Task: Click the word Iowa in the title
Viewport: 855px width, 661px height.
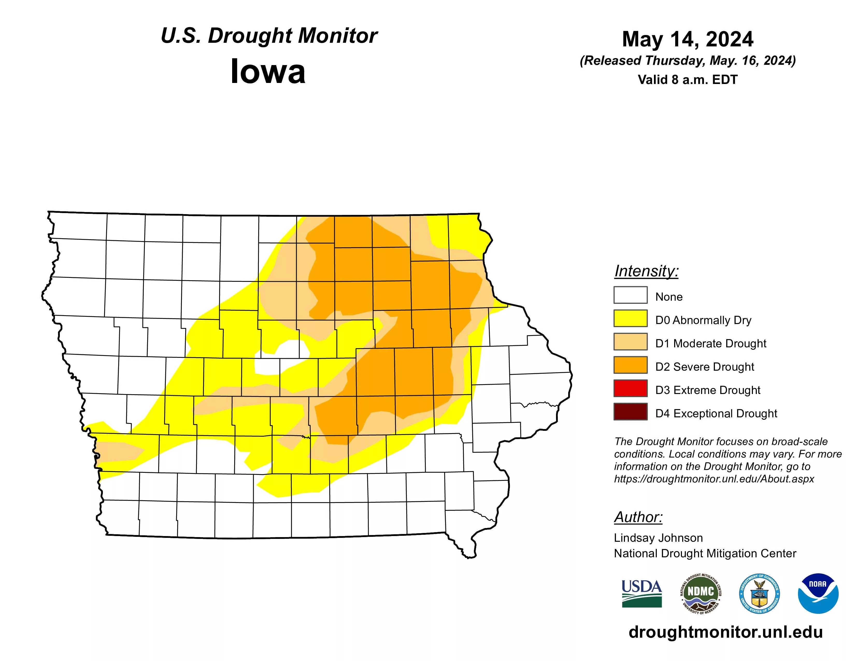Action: [x=268, y=72]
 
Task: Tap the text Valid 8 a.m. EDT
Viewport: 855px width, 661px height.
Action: [x=687, y=80]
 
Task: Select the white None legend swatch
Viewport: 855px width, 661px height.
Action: [x=630, y=295]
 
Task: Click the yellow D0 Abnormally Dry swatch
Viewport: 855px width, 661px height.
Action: [x=630, y=318]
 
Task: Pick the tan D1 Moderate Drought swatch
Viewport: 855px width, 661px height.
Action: [x=630, y=341]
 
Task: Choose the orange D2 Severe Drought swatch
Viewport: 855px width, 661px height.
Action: [x=630, y=365]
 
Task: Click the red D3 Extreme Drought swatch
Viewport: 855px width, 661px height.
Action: [x=630, y=388]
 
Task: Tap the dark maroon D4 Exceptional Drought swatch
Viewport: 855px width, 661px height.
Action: [x=630, y=412]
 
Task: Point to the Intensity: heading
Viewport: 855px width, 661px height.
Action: [x=646, y=271]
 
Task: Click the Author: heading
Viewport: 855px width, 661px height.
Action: [x=638, y=517]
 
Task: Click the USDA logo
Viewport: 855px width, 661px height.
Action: [x=642, y=594]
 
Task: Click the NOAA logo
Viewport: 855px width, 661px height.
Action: [x=818, y=594]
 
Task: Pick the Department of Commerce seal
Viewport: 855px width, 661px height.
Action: [x=759, y=594]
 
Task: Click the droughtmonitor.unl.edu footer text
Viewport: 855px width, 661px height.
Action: [x=725, y=632]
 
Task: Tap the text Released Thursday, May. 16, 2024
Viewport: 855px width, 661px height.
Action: [x=687, y=61]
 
